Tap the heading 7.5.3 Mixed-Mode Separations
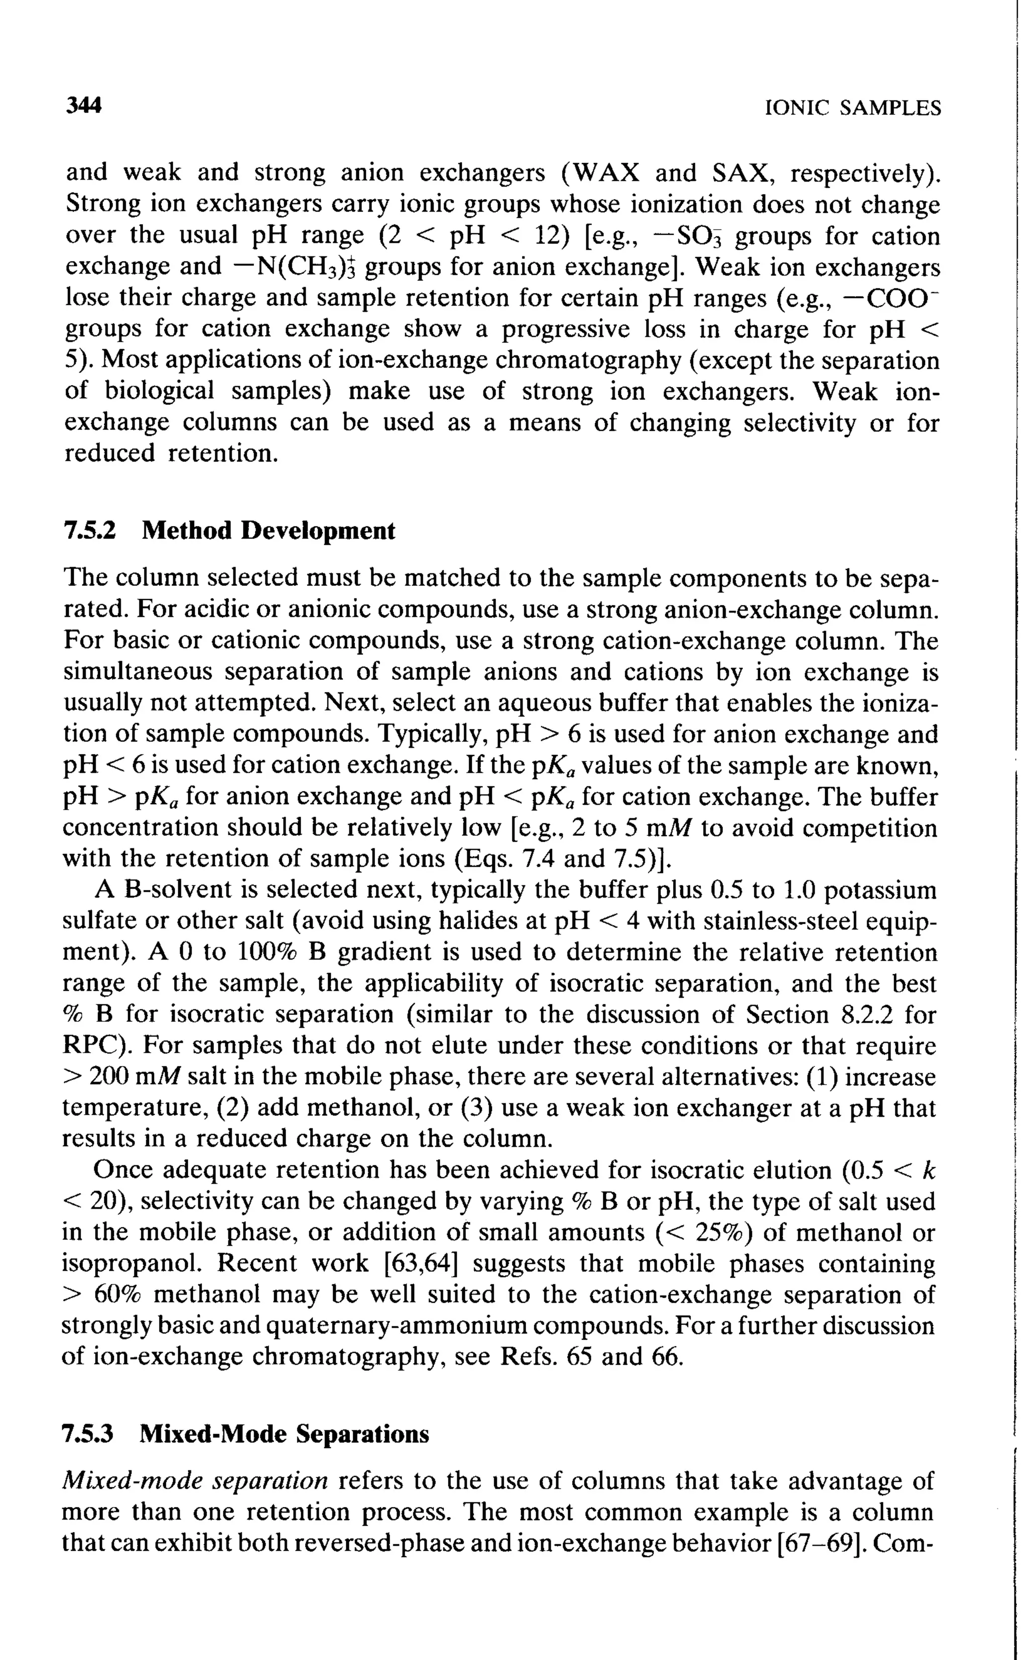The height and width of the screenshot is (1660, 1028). [x=245, y=1434]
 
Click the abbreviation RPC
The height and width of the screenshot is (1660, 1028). [x=94, y=1046]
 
